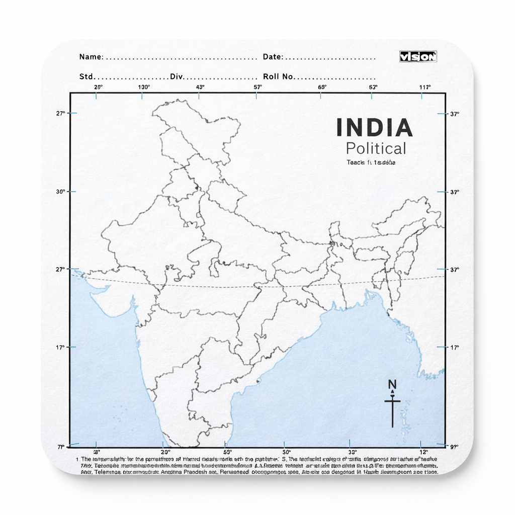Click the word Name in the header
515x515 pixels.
click(x=91, y=57)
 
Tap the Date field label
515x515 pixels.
click(x=272, y=57)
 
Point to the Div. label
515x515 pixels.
click(x=177, y=77)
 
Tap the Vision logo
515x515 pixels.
click(x=418, y=57)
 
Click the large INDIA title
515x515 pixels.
click(x=374, y=128)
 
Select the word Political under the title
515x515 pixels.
click(x=376, y=148)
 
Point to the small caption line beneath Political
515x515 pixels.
click(x=371, y=162)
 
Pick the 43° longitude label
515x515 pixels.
click(x=200, y=87)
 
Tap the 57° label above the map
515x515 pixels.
click(x=257, y=87)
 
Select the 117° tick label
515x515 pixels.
click(x=425, y=87)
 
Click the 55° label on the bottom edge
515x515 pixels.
click(x=227, y=452)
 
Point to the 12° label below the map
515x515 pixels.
click(x=423, y=452)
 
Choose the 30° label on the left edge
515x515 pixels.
click(x=60, y=192)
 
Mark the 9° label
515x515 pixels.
click(x=455, y=446)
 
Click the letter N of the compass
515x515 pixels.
click(x=392, y=385)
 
